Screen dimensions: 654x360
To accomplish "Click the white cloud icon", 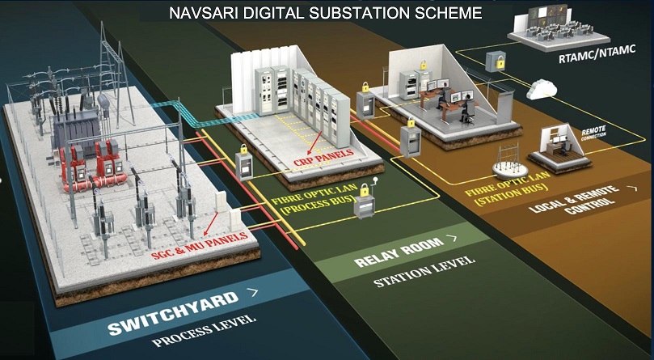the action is [x=542, y=89].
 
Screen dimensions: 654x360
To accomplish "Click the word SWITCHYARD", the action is [x=174, y=313].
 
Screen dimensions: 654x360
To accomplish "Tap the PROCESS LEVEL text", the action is [x=204, y=331].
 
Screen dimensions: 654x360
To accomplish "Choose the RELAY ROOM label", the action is [x=399, y=252].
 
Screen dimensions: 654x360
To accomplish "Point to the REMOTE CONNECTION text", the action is [x=593, y=132].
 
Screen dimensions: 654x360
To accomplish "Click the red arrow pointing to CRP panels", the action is [x=315, y=141].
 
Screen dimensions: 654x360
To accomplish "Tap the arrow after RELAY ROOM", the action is [x=451, y=239].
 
